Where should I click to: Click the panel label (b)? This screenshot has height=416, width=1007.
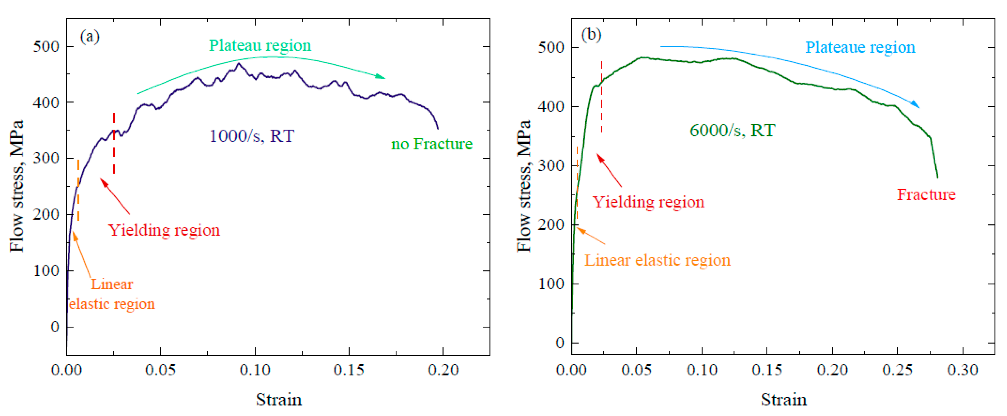click(x=591, y=35)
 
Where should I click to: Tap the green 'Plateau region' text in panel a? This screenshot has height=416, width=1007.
click(x=260, y=45)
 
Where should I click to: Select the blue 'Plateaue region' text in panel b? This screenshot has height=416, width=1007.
click(x=860, y=47)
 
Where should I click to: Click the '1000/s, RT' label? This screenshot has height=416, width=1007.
click(x=252, y=136)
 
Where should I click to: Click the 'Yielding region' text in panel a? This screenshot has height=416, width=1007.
click(x=164, y=230)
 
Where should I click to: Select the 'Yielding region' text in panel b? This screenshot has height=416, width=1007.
click(x=649, y=202)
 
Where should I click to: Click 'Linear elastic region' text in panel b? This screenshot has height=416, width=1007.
click(x=657, y=260)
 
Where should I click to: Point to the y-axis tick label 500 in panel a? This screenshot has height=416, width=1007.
click(x=46, y=47)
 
